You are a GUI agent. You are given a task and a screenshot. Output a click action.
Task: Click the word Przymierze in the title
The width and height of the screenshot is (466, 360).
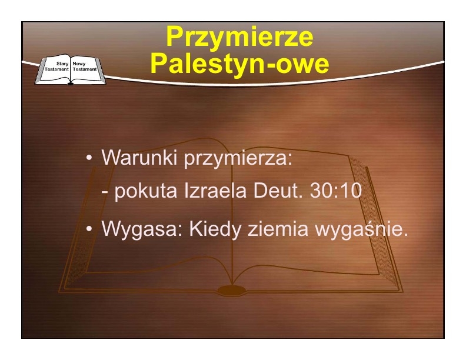click(x=239, y=37)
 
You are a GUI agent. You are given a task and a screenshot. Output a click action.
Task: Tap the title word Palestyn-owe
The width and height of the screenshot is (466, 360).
click(x=239, y=64)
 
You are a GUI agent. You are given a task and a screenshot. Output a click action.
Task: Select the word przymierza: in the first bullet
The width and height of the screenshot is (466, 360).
click(x=238, y=159)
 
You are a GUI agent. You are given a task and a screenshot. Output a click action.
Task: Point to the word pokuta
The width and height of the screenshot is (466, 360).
click(x=146, y=191)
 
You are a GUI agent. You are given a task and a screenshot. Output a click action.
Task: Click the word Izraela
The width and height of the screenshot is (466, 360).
click(x=215, y=191)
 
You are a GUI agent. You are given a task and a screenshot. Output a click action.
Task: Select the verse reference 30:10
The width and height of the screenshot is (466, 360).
click(x=336, y=191)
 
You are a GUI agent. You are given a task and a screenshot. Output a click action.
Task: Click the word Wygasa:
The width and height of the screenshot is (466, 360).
click(x=142, y=230)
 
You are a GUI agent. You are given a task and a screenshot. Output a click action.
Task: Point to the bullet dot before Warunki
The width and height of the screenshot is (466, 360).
click(x=89, y=158)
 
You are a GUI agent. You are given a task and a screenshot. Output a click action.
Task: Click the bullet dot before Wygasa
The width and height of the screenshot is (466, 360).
click(x=89, y=229)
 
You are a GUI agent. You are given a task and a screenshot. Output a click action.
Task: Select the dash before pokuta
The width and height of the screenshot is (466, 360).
click(x=104, y=192)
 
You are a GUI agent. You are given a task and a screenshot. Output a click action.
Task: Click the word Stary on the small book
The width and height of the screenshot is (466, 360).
click(x=62, y=64)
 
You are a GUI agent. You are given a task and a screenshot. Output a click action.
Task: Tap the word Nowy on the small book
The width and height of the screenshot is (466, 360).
click(x=79, y=64)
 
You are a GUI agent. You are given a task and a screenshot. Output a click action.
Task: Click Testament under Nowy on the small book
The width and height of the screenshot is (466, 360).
click(x=85, y=69)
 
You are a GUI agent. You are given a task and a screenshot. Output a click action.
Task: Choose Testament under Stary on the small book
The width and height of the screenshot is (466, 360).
click(x=56, y=69)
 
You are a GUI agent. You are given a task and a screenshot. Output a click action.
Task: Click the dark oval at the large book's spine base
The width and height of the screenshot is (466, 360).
click(x=232, y=290)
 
